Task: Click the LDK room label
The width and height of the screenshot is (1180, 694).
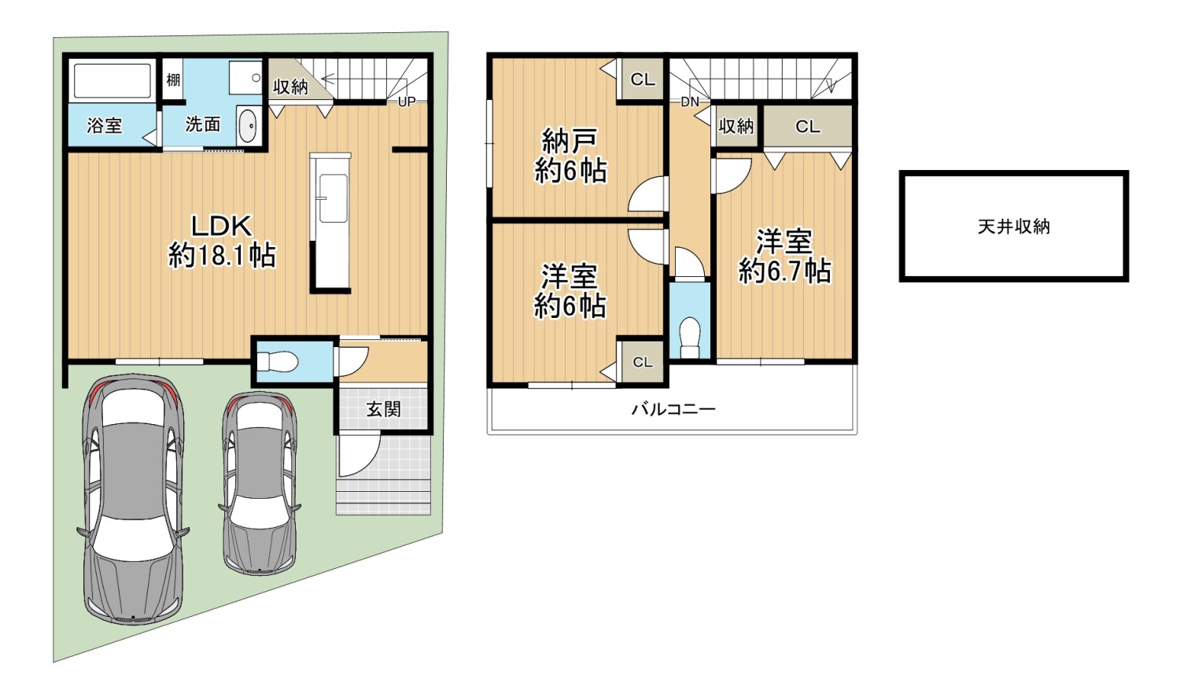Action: [x=221, y=227]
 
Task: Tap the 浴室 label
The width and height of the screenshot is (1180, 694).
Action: [x=105, y=125]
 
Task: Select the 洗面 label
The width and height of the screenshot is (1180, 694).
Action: [x=202, y=124]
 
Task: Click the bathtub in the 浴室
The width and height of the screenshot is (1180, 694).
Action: [x=112, y=81]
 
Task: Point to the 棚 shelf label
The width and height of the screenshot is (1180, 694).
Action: [x=173, y=79]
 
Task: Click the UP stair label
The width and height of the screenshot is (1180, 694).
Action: [x=407, y=102]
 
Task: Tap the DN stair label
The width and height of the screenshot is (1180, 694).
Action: [x=690, y=102]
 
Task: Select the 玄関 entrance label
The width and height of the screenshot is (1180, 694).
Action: [x=383, y=408]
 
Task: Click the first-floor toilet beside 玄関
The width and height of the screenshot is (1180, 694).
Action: [x=277, y=362]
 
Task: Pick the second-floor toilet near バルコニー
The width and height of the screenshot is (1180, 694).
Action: [x=690, y=335]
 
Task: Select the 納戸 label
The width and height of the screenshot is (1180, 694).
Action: [x=570, y=142]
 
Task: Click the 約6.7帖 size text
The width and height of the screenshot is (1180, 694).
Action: [x=784, y=271]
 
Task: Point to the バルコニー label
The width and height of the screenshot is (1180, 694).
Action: [x=673, y=409]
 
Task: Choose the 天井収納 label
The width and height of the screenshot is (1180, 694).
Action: [x=1013, y=227]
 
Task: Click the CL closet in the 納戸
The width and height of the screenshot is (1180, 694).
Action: [x=643, y=79]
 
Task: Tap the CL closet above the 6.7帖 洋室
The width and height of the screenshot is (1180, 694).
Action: [x=807, y=126]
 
